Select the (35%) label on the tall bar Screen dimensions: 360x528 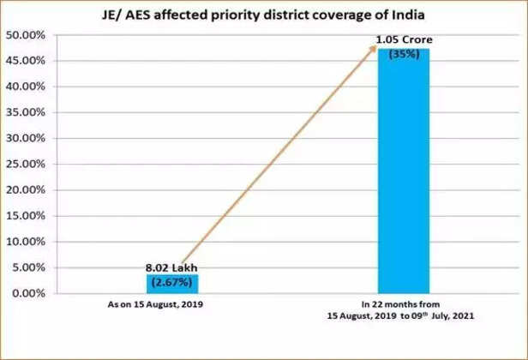point(403,53)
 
